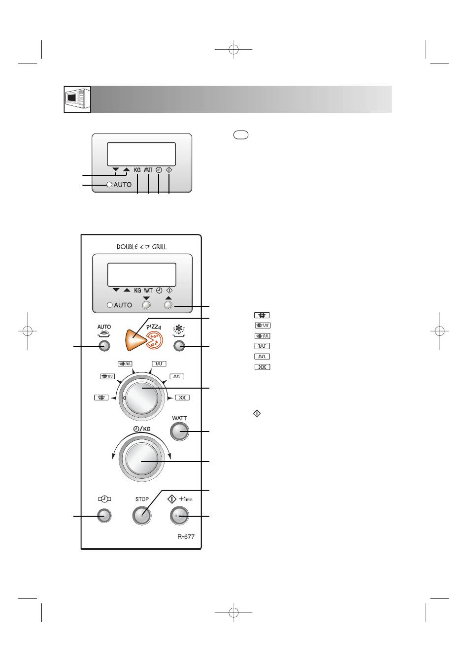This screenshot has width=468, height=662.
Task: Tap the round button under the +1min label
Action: coord(179,516)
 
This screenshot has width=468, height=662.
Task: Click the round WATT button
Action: coord(179,431)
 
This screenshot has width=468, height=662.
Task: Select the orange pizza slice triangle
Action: coord(135,340)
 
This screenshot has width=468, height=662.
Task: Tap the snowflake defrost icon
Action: coord(179,331)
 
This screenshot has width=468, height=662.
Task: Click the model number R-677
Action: coord(186,537)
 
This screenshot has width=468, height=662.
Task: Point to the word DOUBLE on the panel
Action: coord(127,247)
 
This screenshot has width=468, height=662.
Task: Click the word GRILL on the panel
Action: coord(159,247)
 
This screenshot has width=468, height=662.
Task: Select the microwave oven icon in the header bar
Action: coord(77,99)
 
